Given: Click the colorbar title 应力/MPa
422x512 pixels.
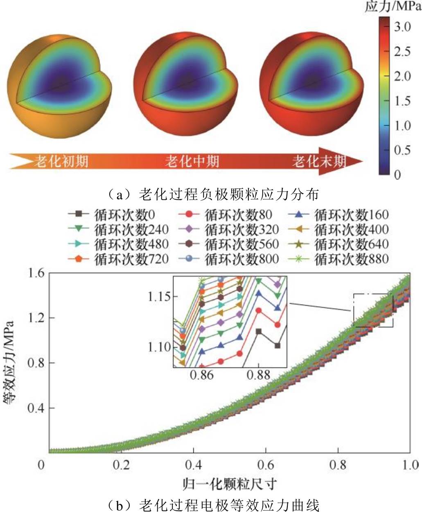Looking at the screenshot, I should coord(393,7).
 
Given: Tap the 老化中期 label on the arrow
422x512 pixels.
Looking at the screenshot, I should coord(192,161).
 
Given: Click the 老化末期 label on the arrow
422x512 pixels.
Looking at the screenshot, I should coord(319,161).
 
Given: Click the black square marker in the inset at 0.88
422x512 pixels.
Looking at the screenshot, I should coord(258,332).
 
